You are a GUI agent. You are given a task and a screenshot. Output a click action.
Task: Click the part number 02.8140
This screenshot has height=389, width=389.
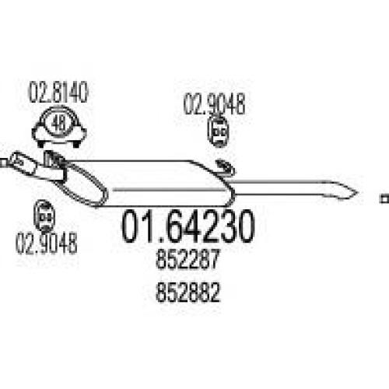pos(58,93)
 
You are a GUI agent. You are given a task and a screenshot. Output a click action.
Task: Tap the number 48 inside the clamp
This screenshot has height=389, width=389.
pos(58,124)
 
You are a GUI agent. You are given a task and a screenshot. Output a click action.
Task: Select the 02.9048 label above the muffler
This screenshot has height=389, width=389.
pos(214,104)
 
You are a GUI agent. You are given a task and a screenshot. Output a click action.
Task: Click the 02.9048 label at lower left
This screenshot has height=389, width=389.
pos(46,243)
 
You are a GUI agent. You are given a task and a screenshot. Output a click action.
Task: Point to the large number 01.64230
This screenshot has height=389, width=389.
pos(188,226)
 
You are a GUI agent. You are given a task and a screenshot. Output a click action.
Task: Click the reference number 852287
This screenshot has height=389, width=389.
pos(188,259)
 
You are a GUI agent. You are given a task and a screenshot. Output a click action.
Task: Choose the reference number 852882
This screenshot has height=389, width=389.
pos(188,293)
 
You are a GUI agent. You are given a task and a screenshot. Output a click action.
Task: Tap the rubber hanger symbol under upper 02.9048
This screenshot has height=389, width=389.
pos(218,131)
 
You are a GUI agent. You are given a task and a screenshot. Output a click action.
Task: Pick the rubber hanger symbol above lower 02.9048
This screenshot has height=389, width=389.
pos(44,216)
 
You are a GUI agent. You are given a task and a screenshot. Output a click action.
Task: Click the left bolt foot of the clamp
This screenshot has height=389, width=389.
pos(40,143)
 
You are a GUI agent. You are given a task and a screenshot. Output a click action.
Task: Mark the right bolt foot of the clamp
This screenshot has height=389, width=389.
pos(76,143)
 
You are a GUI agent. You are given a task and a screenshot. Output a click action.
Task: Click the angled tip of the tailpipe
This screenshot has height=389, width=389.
pos(357,193)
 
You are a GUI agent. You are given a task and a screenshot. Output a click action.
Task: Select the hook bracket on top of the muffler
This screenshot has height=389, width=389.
pos(226,167)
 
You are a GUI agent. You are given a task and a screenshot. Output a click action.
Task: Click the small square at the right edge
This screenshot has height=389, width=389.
pos(384,198)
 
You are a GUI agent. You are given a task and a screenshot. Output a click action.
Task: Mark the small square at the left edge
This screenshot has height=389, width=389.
pos(3,163)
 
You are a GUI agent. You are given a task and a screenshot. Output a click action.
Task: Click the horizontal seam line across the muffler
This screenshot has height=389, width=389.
pos(170,190)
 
